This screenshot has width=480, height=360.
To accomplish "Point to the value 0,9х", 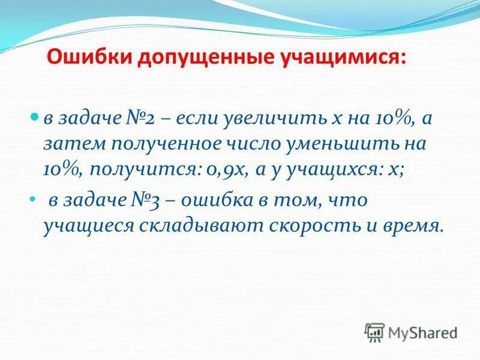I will (x=223, y=170).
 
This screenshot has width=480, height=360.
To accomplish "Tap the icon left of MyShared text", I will (x=374, y=332).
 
